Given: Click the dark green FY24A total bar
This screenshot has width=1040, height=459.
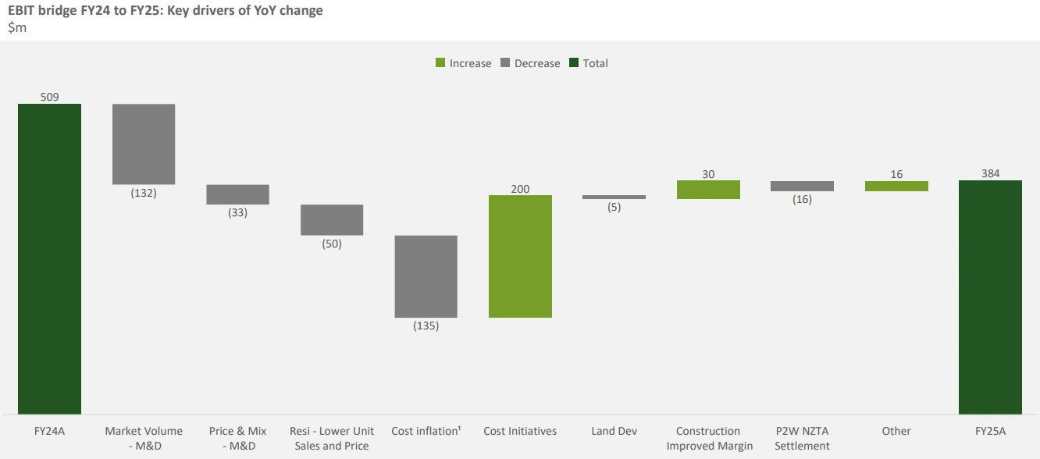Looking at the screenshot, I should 49,258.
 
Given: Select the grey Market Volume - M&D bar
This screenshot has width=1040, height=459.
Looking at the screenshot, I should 144,144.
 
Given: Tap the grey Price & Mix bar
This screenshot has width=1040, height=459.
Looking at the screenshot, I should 237,194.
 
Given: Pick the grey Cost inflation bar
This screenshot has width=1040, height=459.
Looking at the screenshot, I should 426,276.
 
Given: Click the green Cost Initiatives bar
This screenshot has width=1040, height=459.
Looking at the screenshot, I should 520,256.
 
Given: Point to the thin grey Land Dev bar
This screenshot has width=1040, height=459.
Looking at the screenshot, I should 614,197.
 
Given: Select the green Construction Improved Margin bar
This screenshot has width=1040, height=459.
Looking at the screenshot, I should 708,190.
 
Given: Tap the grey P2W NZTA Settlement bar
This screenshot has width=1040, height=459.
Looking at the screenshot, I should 802,186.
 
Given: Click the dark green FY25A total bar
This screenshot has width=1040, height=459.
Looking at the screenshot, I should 990,297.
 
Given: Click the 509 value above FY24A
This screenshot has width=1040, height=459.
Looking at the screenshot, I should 49,98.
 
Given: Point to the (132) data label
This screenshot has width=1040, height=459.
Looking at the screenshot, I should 144,193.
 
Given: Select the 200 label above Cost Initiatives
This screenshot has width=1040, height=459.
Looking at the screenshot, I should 520,189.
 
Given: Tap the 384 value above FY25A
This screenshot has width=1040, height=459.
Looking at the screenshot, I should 990,174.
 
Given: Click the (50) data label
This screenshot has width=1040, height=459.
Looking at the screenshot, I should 332,244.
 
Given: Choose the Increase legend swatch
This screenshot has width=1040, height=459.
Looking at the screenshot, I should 440,63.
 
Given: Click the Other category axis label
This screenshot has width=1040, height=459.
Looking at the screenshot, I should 896,431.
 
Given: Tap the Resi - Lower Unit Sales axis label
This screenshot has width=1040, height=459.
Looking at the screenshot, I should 332,438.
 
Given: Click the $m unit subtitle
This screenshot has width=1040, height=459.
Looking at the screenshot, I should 17,28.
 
